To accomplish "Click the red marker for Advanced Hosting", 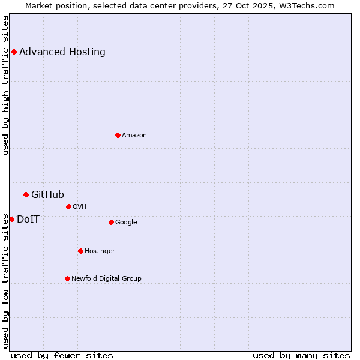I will (14, 52).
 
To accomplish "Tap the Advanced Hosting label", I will (62, 52).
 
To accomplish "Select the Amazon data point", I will (118, 135).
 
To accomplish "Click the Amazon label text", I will (134, 135).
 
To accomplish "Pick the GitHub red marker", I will (26, 194).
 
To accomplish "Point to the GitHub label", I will (47, 194).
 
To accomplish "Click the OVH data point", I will (68, 206).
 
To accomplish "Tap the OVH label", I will (80, 206).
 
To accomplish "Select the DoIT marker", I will (11, 219).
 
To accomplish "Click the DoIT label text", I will (28, 219).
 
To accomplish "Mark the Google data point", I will (111, 222).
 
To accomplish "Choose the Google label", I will (126, 222).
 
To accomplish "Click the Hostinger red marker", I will (80, 251).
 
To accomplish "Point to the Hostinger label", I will (100, 251).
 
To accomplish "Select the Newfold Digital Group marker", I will (67, 278).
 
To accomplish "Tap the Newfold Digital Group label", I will (106, 278).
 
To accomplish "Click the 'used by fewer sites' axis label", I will (62, 355).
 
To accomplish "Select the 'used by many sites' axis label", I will (301, 355).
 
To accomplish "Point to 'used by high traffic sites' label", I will (5, 85).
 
